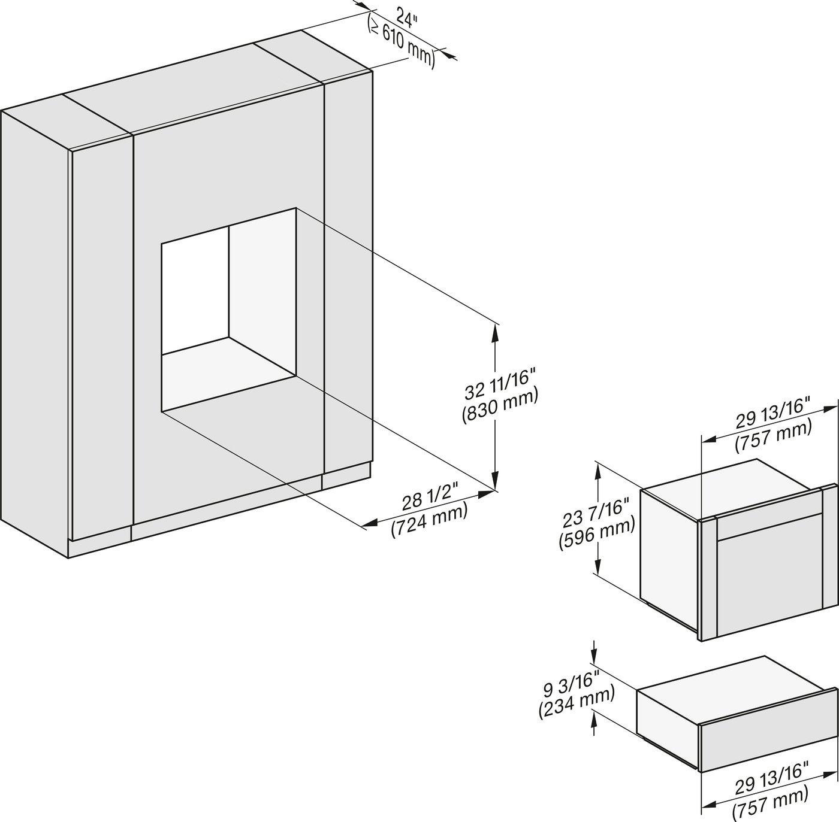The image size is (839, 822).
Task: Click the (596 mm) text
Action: [x=596, y=537]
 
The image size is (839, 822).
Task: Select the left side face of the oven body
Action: [x=669, y=560]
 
